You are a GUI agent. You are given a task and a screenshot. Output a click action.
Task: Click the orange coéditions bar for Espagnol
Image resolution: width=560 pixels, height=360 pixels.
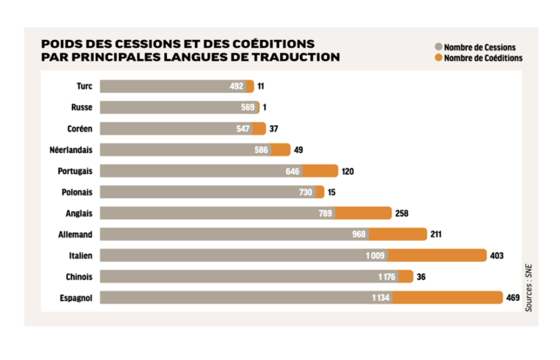(x=447, y=297)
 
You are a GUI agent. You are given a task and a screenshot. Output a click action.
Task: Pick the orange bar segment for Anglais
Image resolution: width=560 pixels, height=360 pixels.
(x=363, y=213)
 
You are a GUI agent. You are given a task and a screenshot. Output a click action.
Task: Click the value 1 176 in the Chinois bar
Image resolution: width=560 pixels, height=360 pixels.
(x=386, y=277)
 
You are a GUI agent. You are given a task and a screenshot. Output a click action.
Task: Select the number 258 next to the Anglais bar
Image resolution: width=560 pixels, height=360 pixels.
(x=402, y=213)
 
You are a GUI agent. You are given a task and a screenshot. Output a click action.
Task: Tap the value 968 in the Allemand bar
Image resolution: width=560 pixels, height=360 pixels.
(x=357, y=234)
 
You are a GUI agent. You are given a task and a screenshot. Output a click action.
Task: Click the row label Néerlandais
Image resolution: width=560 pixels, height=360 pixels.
(x=71, y=150)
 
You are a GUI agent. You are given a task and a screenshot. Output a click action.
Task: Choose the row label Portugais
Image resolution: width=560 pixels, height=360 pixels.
(x=75, y=170)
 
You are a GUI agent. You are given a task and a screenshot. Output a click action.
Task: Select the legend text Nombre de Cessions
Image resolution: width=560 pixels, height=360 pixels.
(x=479, y=47)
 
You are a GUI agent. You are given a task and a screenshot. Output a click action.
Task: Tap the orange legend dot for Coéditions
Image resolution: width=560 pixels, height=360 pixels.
(x=437, y=58)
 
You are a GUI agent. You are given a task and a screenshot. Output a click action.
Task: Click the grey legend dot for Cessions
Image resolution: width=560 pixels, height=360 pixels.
(x=437, y=47)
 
